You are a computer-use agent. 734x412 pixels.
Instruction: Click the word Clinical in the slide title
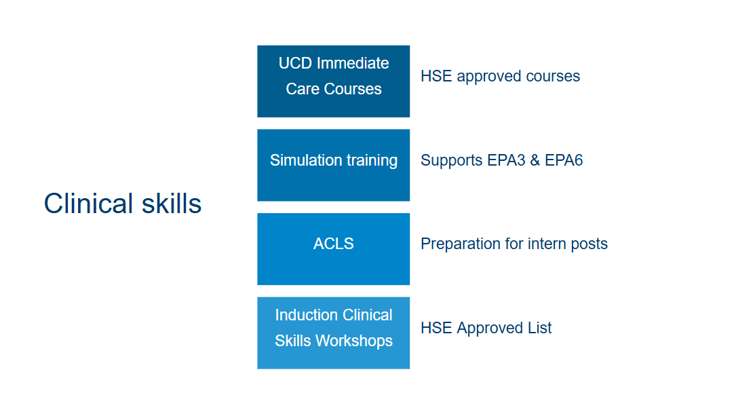click(x=88, y=204)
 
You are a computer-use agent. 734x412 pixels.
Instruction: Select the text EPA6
click(x=564, y=160)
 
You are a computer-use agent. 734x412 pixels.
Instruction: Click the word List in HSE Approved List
click(x=539, y=328)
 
